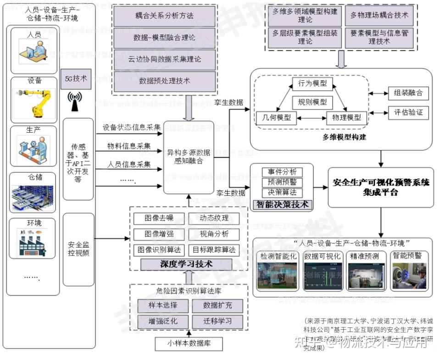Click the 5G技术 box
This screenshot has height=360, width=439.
tap(76, 79)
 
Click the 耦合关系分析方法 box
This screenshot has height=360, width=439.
tap(164, 16)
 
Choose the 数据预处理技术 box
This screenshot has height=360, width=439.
tap(164, 81)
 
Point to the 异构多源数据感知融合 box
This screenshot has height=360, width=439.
tap(189, 157)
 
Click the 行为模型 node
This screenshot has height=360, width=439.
tap(312, 84)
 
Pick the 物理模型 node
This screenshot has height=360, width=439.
tap(346, 117)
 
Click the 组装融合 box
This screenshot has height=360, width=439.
tap(408, 94)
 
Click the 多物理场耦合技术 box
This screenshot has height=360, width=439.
tap(379, 16)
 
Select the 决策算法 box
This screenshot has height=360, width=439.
tap(282, 192)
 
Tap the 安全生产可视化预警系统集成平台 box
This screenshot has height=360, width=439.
tap(381, 187)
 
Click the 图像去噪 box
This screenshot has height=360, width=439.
tap(159, 218)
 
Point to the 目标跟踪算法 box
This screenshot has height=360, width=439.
tap(214, 250)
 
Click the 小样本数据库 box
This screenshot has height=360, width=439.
tap(189, 343)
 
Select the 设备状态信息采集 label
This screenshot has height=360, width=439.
tap(132, 127)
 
